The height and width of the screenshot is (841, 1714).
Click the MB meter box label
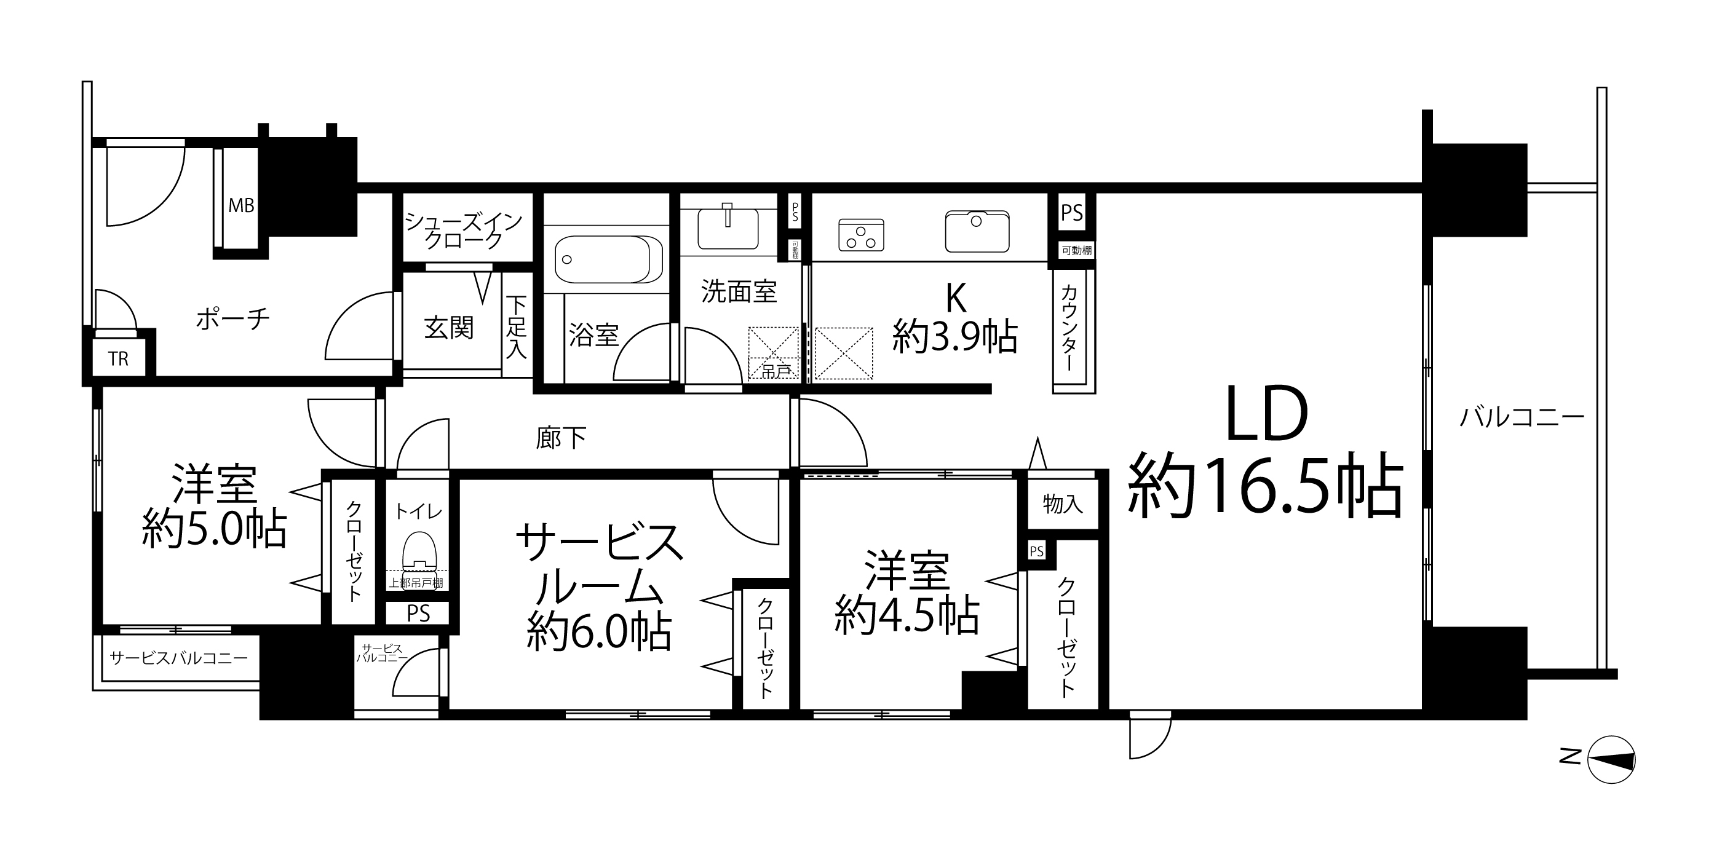tap(242, 205)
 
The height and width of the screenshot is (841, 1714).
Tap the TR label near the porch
tap(119, 359)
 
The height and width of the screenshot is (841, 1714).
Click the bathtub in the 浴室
tap(608, 260)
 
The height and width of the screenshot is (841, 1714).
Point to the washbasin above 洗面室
tap(728, 227)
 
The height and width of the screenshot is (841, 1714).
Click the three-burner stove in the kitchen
tap(861, 235)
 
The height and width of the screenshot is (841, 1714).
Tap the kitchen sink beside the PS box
tap(977, 231)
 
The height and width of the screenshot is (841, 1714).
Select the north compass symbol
tap(1611, 759)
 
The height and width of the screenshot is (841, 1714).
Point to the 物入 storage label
tap(1063, 503)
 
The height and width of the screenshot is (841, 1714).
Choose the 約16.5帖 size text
tap(1266, 485)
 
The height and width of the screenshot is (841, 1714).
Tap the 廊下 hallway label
tap(561, 438)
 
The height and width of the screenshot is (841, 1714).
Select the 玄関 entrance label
tap(449, 328)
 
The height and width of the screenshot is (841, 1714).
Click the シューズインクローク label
tap(464, 230)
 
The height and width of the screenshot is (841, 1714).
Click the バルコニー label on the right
tap(1522, 418)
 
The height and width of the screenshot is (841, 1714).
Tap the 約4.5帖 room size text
tap(907, 615)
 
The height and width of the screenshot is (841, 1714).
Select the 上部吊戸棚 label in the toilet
tap(416, 583)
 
